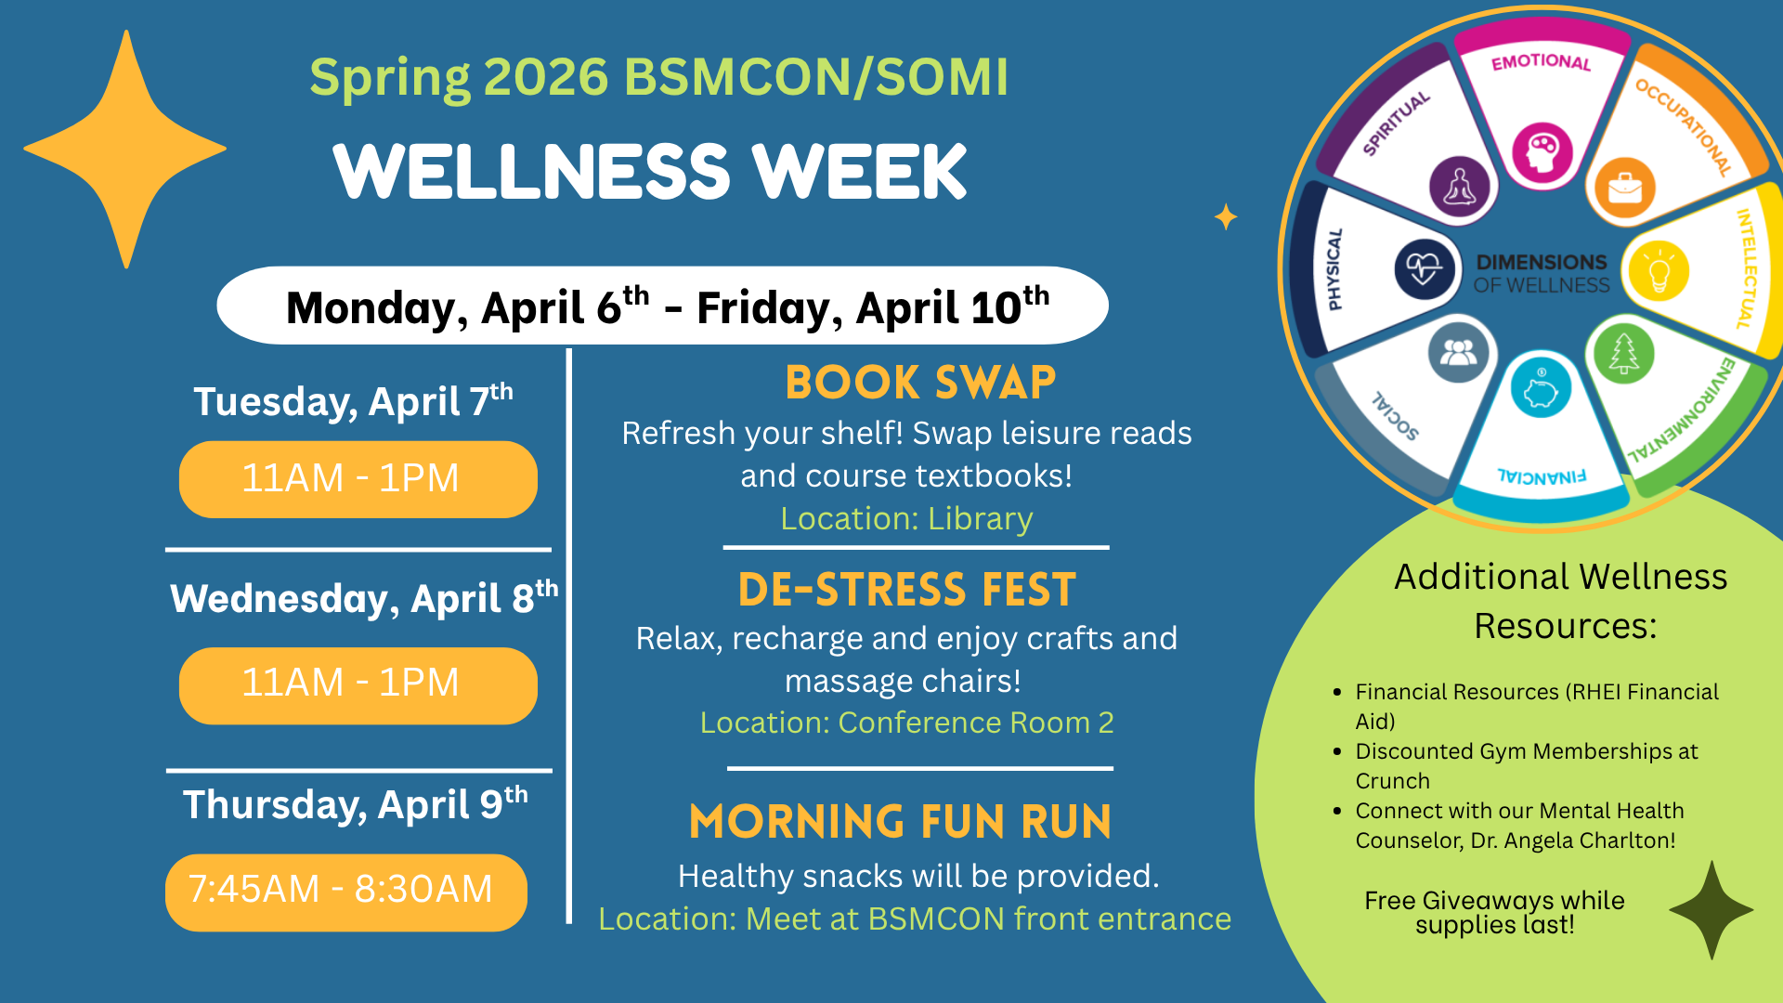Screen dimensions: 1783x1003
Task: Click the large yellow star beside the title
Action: pyautogui.click(x=125, y=149)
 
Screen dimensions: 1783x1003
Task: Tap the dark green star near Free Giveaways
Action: pyautogui.click(x=1711, y=910)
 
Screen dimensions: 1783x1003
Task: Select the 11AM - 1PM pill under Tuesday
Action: pyautogui.click(x=358, y=479)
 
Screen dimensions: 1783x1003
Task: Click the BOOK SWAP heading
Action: pyautogui.click(x=920, y=382)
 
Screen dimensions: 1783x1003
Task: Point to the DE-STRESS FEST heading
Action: pyautogui.click(x=906, y=590)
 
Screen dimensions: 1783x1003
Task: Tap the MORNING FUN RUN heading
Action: pyautogui.click(x=900, y=822)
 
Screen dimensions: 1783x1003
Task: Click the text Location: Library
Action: pyautogui.click(x=906, y=518)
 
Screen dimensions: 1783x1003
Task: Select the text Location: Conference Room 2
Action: pyautogui.click(x=906, y=723)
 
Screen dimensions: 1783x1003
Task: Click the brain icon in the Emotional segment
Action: pyautogui.click(x=1542, y=151)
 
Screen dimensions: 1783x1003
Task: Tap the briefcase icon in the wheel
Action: pyautogui.click(x=1625, y=188)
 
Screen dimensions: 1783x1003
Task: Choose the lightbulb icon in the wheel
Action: pyautogui.click(x=1659, y=271)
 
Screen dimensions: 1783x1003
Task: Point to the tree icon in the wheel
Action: pyautogui.click(x=1623, y=353)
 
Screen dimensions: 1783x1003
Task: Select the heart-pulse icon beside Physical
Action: pyautogui.click(x=1424, y=269)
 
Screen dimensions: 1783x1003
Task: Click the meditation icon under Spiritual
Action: pyautogui.click(x=1460, y=187)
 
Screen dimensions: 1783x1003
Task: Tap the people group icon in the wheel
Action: pyautogui.click(x=1458, y=353)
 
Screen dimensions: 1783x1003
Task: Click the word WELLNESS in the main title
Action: pyautogui.click(x=532, y=172)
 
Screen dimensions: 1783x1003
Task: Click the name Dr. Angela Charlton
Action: pyautogui.click(x=1573, y=840)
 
